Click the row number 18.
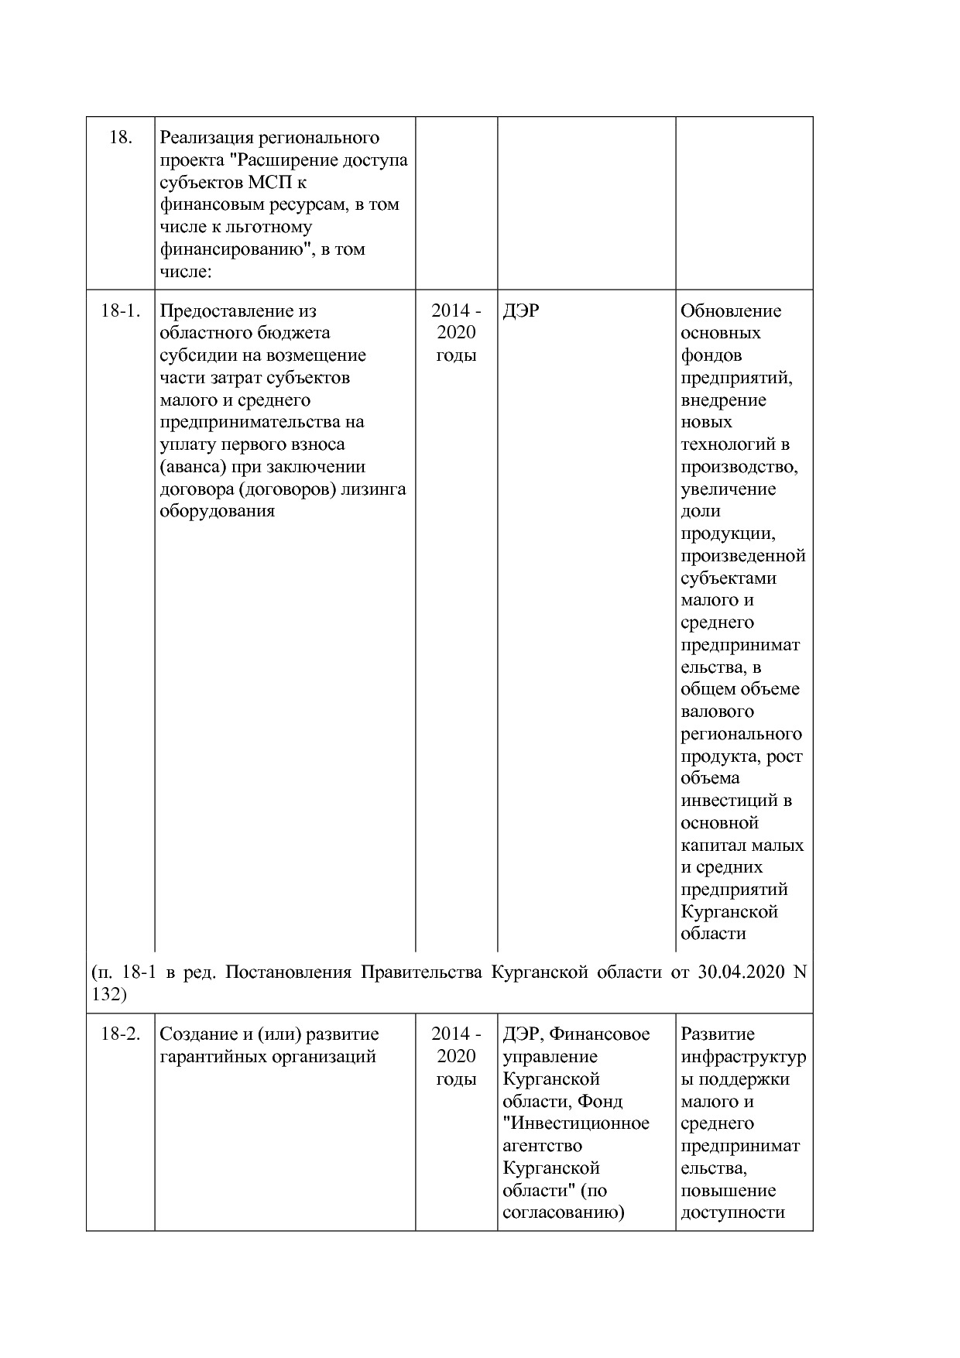pos(120,139)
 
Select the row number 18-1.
pos(120,311)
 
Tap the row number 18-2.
pos(120,1034)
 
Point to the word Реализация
pos(204,139)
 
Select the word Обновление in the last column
pos(731,311)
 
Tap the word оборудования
pos(217,512)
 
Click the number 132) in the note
pos(108,994)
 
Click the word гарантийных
pos(209,1057)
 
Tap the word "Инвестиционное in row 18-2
pos(575,1123)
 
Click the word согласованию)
pos(563,1212)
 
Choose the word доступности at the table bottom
pos(732,1212)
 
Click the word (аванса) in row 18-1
pos(194,468)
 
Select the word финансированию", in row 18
pos(235,249)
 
